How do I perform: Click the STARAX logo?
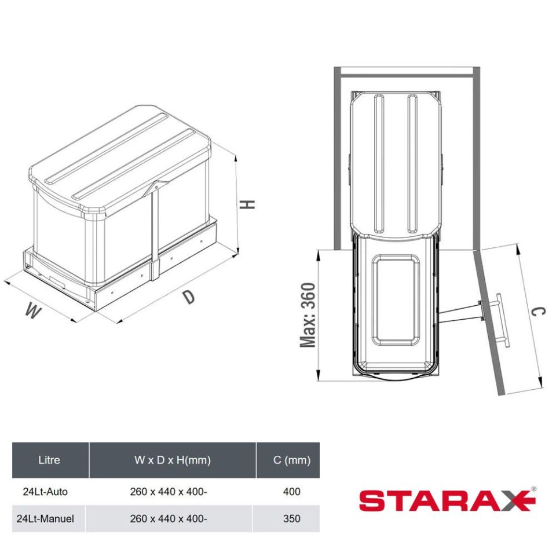point(447,500)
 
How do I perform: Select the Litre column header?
point(49,460)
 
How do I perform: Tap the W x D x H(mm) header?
point(173,460)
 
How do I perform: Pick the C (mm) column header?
point(292,460)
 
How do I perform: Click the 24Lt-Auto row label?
point(45,492)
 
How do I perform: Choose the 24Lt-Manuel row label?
point(45,519)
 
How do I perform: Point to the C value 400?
point(292,492)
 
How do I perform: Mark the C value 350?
point(292,518)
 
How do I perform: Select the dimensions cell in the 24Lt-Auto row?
point(169,492)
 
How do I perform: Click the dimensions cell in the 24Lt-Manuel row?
point(169,518)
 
